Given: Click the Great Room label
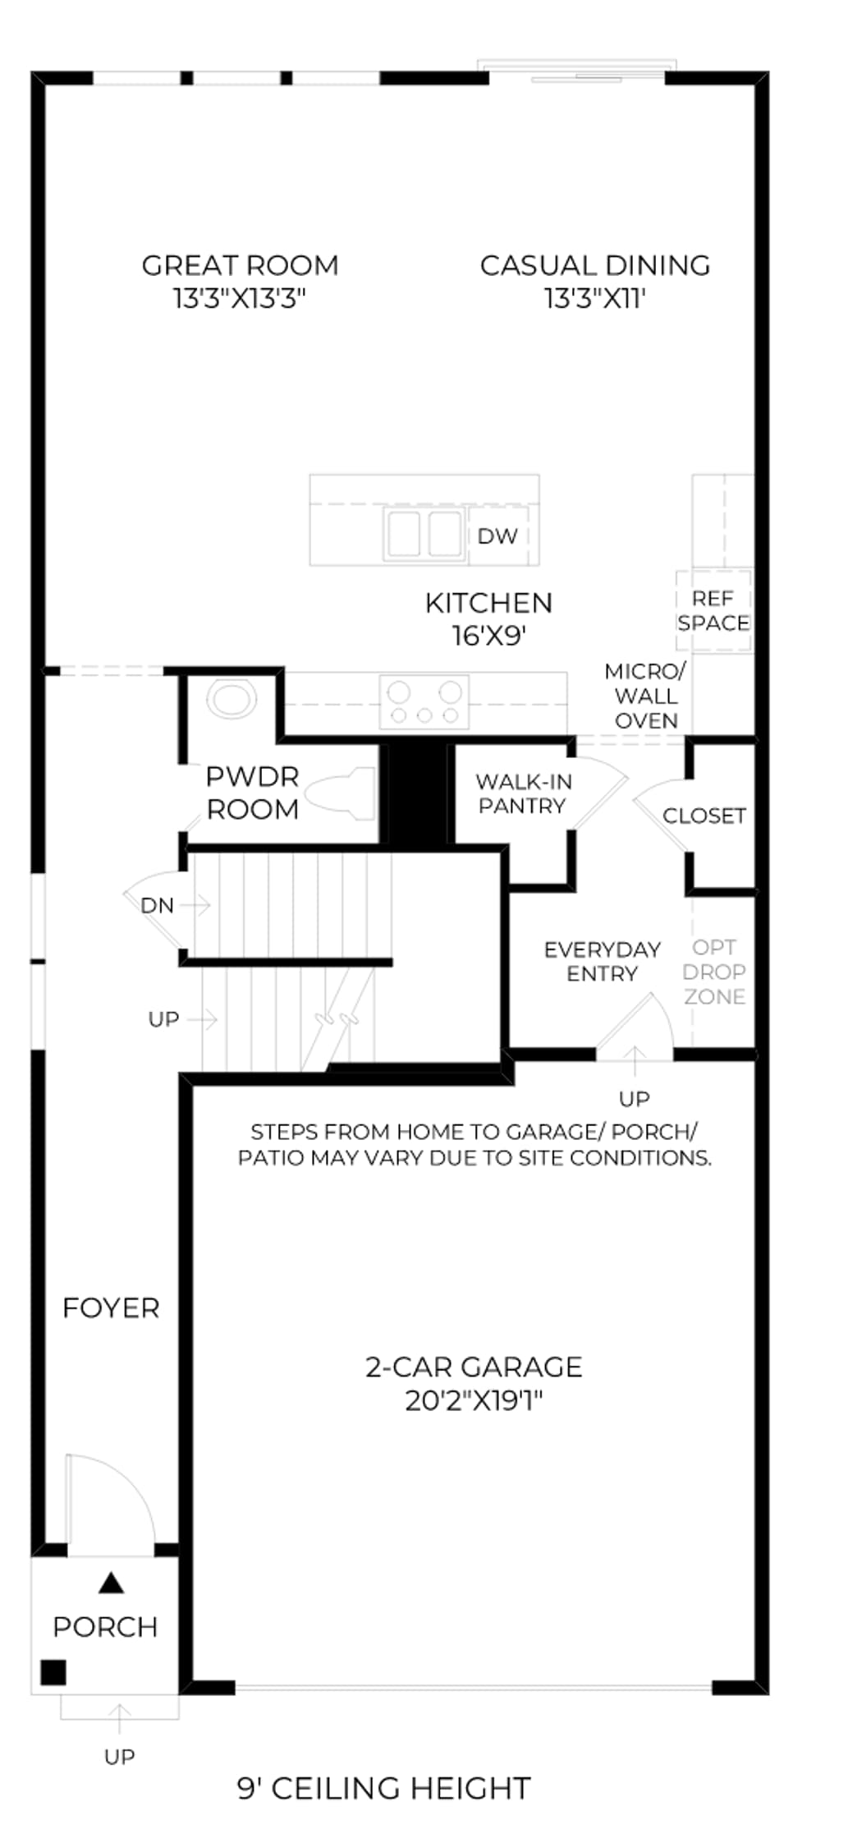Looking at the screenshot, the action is click(240, 265).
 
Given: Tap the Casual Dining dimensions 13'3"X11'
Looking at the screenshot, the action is click(595, 298).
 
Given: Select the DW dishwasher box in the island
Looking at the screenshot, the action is click(497, 536).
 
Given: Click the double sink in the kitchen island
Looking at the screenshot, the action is click(424, 534).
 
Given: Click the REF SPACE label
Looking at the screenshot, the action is click(713, 611).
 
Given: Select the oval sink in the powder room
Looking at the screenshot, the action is click(231, 700).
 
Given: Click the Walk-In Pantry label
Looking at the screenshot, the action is click(523, 793).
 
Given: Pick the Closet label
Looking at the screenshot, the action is click(704, 816).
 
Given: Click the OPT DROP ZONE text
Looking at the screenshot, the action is click(714, 972).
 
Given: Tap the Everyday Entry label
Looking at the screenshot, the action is click(603, 961).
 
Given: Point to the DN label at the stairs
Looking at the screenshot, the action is click(157, 905).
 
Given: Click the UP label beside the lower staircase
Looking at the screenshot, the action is click(163, 1019).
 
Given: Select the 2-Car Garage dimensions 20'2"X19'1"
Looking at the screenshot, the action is click(474, 1400).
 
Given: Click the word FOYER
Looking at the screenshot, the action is click(111, 1308).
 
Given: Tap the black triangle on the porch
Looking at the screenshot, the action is click(112, 1583).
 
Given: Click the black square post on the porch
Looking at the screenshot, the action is click(53, 1672).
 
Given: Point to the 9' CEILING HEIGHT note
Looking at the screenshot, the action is click(384, 1787).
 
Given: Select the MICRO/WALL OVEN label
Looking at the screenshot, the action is click(646, 696).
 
